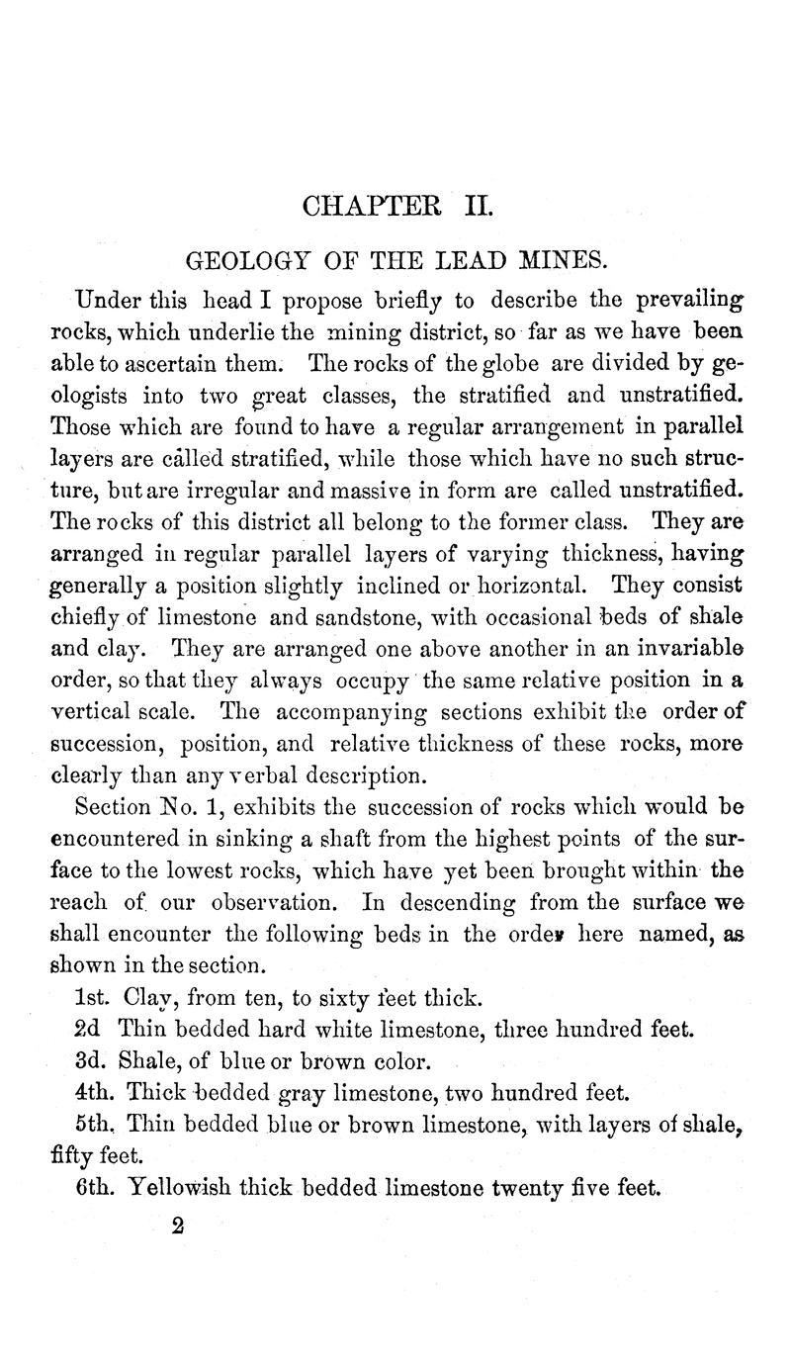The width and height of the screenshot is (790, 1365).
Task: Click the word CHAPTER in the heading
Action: click(366, 209)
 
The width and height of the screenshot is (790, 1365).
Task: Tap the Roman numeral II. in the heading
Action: click(467, 209)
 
